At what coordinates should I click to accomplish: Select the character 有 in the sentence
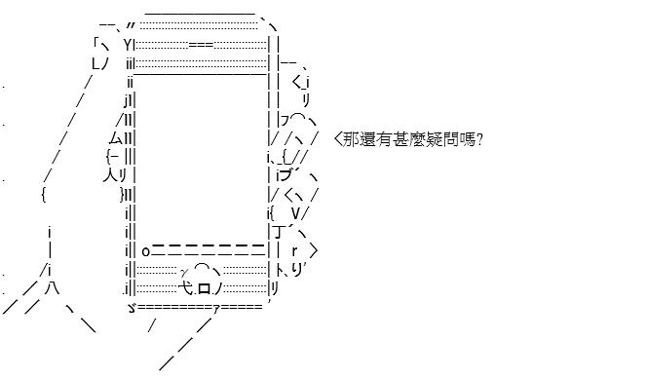click(x=384, y=139)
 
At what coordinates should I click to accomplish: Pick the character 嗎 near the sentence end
click(x=467, y=139)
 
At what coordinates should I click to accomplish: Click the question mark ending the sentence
click(x=479, y=140)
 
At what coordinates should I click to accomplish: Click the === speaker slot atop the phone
click(x=201, y=45)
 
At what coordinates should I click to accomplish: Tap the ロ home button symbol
click(x=205, y=288)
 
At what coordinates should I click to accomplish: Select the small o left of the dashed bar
click(x=145, y=251)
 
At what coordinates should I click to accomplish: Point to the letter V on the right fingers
click(x=296, y=213)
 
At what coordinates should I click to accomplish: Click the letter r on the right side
click(x=294, y=250)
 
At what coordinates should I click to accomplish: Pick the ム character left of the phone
click(x=116, y=138)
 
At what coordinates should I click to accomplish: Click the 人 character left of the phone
click(x=110, y=175)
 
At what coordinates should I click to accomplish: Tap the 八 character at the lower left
click(x=53, y=287)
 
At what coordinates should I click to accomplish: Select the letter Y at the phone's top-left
click(x=128, y=45)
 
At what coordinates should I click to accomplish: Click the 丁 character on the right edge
click(x=278, y=232)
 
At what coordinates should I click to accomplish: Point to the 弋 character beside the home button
click(x=186, y=288)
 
